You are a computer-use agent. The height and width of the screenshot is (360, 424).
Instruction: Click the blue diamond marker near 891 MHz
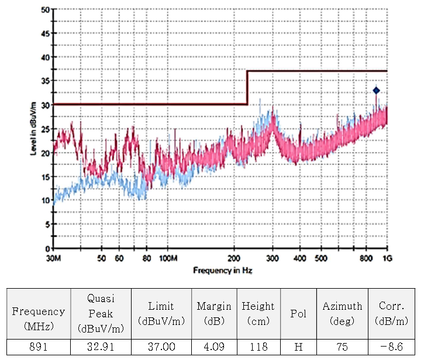point(377,91)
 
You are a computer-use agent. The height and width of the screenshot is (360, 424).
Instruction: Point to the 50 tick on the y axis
point(46,10)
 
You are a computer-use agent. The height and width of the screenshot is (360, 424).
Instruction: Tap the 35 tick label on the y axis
point(46,81)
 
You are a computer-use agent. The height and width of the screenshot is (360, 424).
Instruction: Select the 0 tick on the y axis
point(47,248)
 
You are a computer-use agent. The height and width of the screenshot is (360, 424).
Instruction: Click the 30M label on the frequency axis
point(54,258)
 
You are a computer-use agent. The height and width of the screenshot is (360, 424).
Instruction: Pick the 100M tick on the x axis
point(168,258)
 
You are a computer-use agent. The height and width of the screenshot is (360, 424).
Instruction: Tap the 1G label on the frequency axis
point(387,258)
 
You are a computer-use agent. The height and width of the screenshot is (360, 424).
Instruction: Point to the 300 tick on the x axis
point(273,258)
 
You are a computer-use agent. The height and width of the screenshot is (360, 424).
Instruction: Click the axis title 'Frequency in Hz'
point(223,271)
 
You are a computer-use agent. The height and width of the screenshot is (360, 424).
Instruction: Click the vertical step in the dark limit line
point(247,88)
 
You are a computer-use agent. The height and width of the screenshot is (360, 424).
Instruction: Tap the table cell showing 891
point(38,347)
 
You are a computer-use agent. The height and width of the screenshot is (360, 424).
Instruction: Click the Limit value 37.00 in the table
point(160,347)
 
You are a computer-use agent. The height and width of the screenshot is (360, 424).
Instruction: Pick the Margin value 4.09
point(213,347)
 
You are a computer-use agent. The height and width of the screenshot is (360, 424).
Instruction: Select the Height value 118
point(258,347)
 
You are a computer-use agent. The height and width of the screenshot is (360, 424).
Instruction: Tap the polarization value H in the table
point(298,347)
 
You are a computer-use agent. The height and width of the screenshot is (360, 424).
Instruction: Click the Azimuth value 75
point(342,347)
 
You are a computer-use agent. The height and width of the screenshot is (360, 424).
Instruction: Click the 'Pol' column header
point(298,313)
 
